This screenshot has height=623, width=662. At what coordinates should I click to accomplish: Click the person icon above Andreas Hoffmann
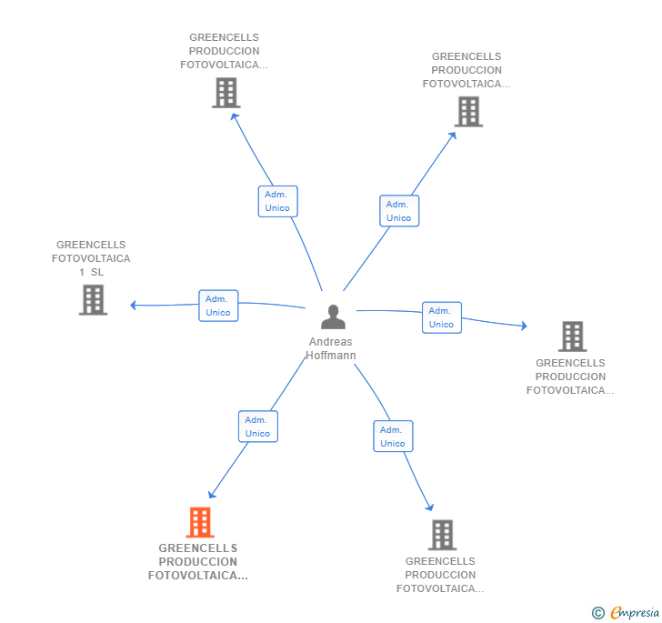(x=334, y=317)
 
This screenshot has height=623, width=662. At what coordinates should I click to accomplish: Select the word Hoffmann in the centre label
(x=330, y=356)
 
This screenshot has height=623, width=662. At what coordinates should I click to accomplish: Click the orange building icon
(x=200, y=523)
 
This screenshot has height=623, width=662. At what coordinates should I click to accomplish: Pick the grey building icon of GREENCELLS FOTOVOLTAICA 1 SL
(x=93, y=300)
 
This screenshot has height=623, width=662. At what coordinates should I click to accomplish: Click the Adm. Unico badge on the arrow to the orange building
(x=257, y=427)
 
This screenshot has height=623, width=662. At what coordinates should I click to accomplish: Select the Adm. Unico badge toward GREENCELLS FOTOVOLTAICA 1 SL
(x=218, y=306)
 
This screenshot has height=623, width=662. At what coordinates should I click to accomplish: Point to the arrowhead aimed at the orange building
(x=211, y=496)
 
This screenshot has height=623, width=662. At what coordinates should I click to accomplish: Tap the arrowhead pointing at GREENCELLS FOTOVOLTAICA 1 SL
(x=133, y=305)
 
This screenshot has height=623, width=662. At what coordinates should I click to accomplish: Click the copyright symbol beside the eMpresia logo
(x=597, y=613)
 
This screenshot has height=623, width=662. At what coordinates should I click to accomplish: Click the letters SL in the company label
(x=97, y=272)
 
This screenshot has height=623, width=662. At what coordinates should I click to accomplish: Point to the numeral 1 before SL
(x=82, y=272)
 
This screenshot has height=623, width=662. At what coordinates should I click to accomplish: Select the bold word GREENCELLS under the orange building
(x=197, y=548)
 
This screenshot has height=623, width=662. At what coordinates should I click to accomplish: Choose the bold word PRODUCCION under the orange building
(x=197, y=562)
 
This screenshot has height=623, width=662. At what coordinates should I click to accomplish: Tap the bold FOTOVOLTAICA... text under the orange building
(x=197, y=576)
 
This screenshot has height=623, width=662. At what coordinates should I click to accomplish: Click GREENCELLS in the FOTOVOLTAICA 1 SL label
(x=91, y=245)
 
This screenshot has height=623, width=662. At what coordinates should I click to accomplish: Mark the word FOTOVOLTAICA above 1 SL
(x=91, y=258)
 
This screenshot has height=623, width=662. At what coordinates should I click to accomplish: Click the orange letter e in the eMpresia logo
(x=616, y=613)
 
